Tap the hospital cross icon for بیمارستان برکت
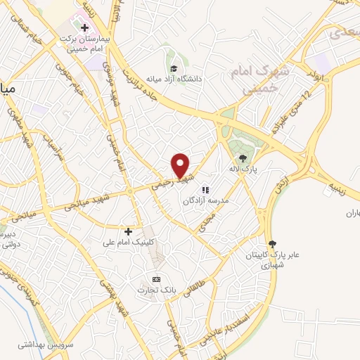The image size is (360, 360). click(85, 28)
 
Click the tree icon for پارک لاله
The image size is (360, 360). click(243, 158)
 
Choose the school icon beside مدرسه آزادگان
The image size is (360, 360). click(205, 190)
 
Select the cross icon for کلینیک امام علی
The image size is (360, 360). click(128, 231)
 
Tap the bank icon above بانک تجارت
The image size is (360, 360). click(156, 278)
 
